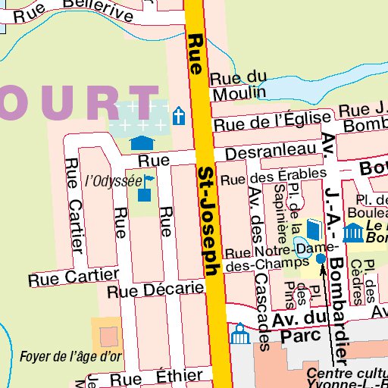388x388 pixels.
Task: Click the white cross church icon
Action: click(179, 116)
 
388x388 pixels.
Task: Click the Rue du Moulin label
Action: click(238, 86)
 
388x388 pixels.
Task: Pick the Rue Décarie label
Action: click(156, 289)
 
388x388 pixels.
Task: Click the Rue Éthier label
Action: click(156, 377)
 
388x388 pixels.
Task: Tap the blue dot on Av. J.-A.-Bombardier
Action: click(321, 258)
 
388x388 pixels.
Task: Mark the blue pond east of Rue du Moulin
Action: click(296, 89)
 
